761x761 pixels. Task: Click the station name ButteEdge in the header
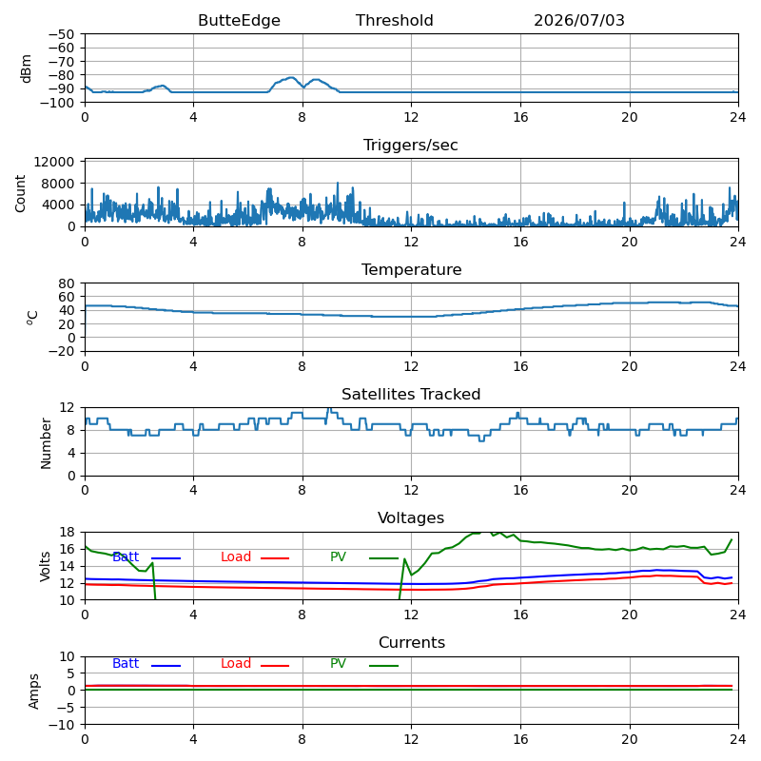(x=239, y=20)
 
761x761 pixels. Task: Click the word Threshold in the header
(x=394, y=20)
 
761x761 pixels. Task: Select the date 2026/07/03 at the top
(x=579, y=20)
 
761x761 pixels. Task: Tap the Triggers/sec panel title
(x=411, y=146)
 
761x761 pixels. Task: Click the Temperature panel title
(x=411, y=269)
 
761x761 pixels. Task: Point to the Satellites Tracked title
(x=411, y=394)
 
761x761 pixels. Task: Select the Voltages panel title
(x=411, y=517)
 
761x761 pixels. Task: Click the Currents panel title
(x=412, y=643)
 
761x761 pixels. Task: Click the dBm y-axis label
(x=26, y=68)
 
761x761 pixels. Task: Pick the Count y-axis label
(x=20, y=193)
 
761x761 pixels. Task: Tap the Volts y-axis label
(x=45, y=566)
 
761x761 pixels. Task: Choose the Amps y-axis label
(x=33, y=692)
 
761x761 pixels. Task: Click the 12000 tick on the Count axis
(x=54, y=162)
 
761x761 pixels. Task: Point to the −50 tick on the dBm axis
(x=61, y=34)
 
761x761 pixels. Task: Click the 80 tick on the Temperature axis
(x=67, y=283)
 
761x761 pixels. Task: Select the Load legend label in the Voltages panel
(x=235, y=556)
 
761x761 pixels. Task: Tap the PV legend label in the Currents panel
(x=338, y=663)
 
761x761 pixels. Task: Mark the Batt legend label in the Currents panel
(x=126, y=663)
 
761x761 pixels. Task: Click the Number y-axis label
(x=46, y=443)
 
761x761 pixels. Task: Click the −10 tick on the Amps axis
(x=61, y=725)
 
